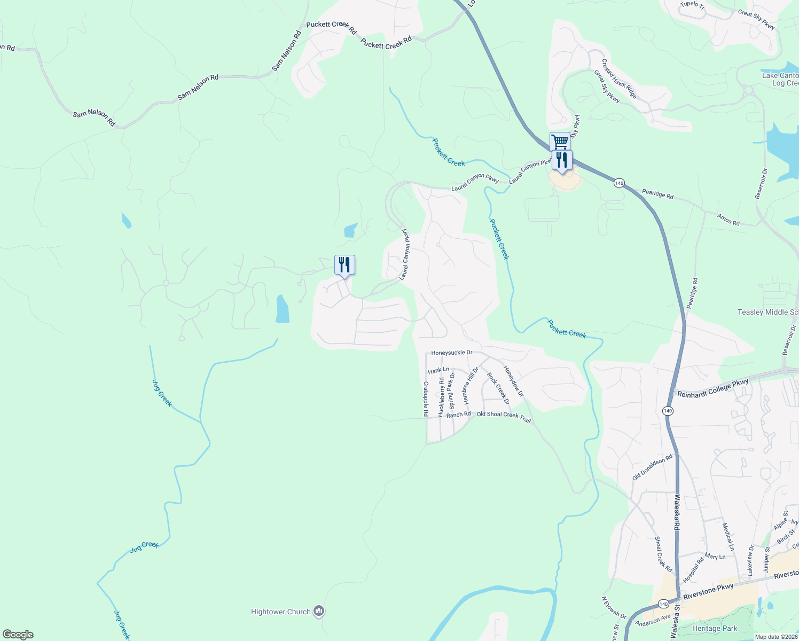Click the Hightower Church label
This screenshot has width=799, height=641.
281,612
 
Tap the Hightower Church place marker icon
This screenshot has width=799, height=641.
319,611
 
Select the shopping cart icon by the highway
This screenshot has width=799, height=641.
559,142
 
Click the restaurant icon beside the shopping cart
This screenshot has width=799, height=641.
562,160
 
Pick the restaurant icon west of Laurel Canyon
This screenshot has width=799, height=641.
344,264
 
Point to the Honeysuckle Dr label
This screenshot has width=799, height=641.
452,353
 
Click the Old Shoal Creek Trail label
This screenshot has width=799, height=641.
504,417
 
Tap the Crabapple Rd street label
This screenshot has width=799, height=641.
426,398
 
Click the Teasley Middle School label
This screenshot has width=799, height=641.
768,312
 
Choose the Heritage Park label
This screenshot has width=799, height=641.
715,629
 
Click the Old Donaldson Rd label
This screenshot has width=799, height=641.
653,467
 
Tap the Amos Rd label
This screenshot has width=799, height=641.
728,219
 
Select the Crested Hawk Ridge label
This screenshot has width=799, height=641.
619,79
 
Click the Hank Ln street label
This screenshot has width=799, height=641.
438,370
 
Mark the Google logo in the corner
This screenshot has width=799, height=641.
18,635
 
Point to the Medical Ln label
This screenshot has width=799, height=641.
728,536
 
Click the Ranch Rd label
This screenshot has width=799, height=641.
459,415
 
